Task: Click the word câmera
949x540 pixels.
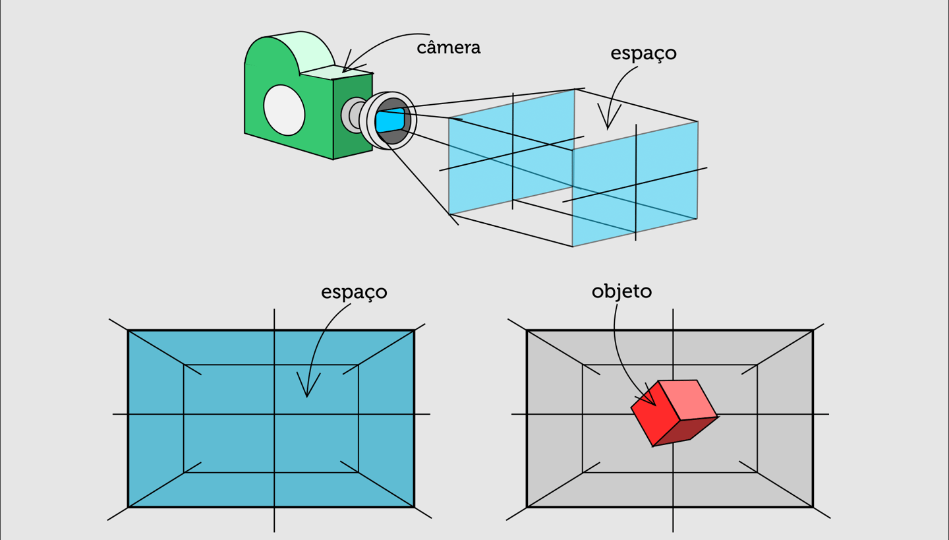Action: pos(448,48)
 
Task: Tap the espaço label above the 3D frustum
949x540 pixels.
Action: pos(643,53)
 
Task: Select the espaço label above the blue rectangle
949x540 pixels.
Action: pos(354,292)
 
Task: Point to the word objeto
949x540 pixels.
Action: pos(621,291)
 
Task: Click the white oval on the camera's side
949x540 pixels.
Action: pos(284,110)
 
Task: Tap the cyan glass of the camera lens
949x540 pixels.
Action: pos(389,121)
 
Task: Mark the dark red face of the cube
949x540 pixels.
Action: pos(685,432)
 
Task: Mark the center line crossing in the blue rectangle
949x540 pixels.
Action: pos(274,414)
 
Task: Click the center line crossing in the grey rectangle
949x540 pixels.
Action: pos(673,414)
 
